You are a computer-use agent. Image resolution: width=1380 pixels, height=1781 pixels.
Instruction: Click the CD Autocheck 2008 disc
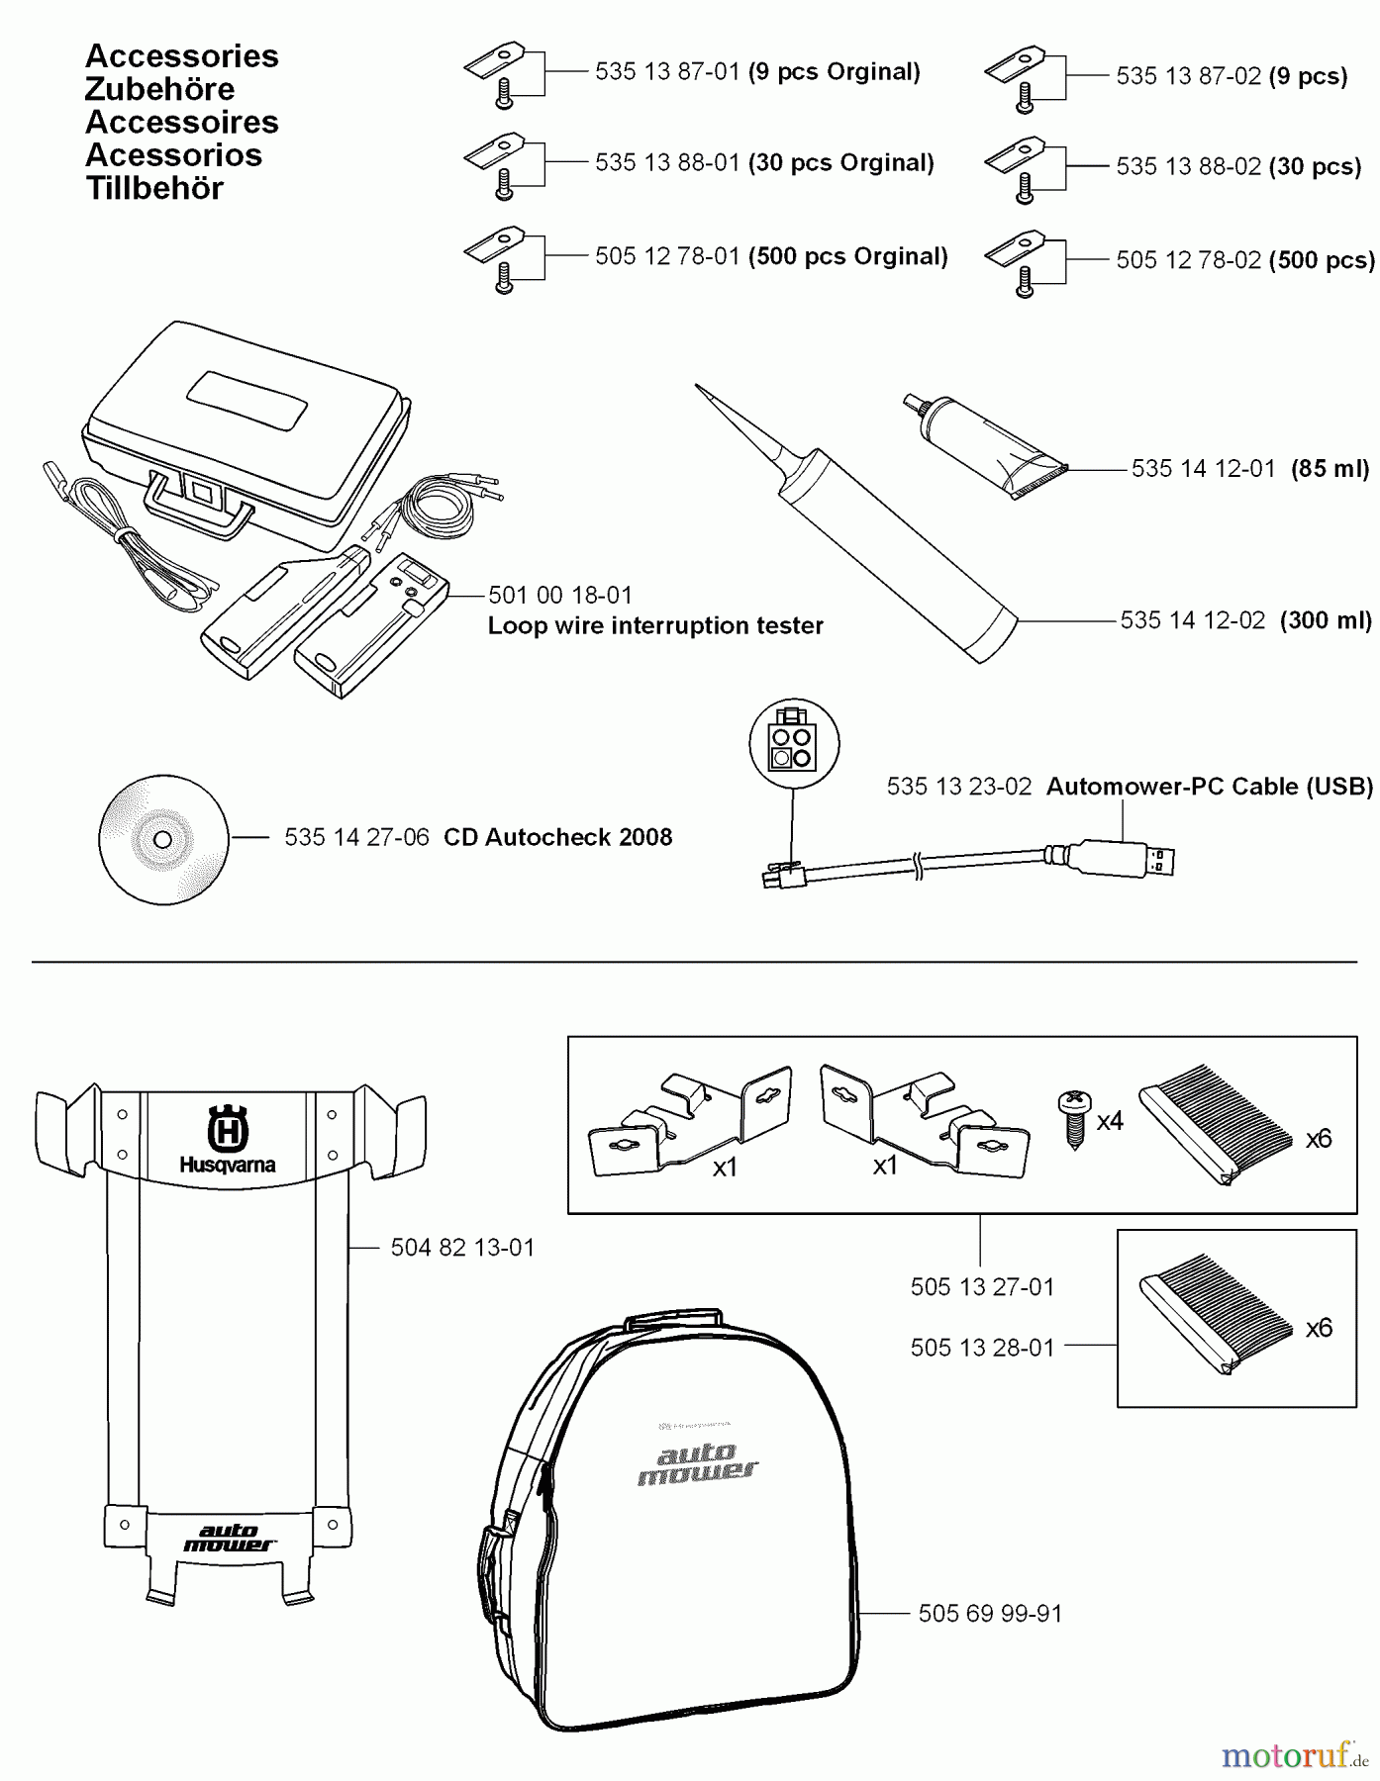163,839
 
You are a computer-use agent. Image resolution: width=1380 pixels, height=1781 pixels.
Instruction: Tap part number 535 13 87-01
667,72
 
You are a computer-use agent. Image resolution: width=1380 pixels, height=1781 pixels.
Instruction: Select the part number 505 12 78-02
1188,260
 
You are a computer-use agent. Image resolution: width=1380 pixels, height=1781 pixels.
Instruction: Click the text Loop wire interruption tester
654,625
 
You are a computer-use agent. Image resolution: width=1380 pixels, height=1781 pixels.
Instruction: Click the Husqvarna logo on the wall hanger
227,1138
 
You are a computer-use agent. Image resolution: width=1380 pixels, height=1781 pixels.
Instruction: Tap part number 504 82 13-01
462,1248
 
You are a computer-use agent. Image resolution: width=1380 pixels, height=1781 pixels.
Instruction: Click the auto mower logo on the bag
697,1463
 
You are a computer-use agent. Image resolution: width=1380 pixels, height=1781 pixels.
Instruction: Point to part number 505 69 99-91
990,1614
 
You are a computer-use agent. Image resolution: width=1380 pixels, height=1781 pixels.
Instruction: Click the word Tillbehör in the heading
154,188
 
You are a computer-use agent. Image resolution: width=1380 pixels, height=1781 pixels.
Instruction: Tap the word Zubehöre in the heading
159,89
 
